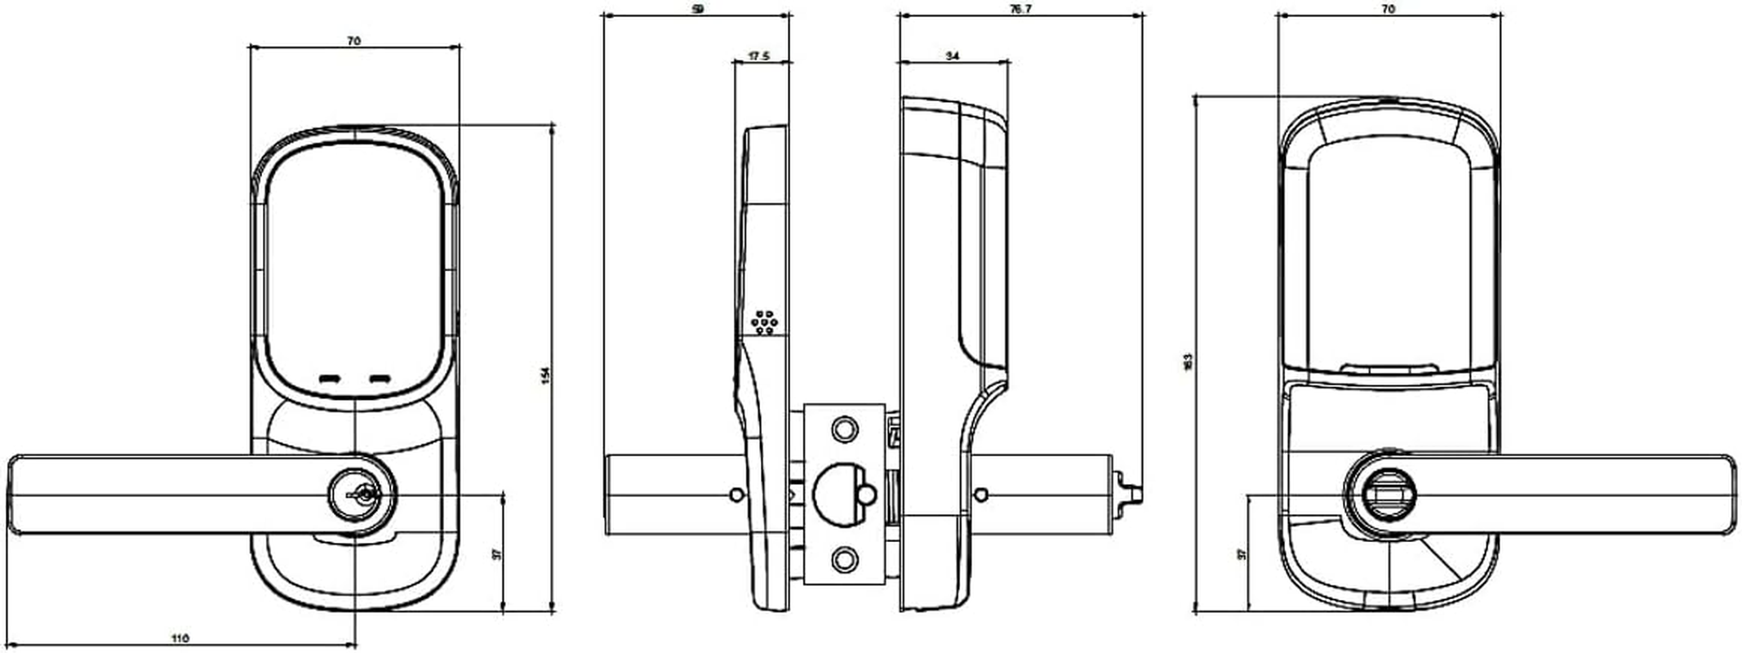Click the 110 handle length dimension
(x=181, y=637)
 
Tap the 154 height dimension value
(x=546, y=375)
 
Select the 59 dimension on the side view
(x=696, y=10)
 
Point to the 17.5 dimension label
(x=759, y=56)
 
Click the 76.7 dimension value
(x=1020, y=10)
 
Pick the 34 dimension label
(x=952, y=56)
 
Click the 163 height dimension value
(x=1189, y=361)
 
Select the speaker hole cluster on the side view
(x=764, y=322)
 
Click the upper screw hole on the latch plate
(x=845, y=429)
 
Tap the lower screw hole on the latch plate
(x=845, y=559)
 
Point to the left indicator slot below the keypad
(x=330, y=379)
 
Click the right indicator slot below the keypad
(x=380, y=379)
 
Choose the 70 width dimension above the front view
(x=353, y=40)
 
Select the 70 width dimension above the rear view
(x=1389, y=10)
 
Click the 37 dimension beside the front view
(x=496, y=554)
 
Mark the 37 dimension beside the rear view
(x=1242, y=553)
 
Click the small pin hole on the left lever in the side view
(x=736, y=494)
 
